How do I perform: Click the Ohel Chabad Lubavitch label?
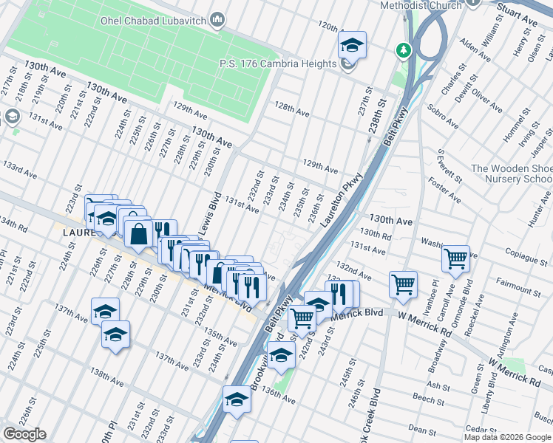click(153, 18)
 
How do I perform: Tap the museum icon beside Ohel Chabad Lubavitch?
click(217, 18)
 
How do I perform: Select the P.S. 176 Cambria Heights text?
click(277, 63)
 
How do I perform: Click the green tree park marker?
click(403, 50)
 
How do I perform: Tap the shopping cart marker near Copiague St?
click(455, 259)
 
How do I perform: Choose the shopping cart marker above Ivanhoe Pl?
click(403, 284)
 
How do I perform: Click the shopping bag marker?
click(138, 234)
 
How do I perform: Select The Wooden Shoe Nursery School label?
click(510, 174)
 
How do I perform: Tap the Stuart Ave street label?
click(517, 11)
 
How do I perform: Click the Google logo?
click(24, 434)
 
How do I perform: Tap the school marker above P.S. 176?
click(353, 45)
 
